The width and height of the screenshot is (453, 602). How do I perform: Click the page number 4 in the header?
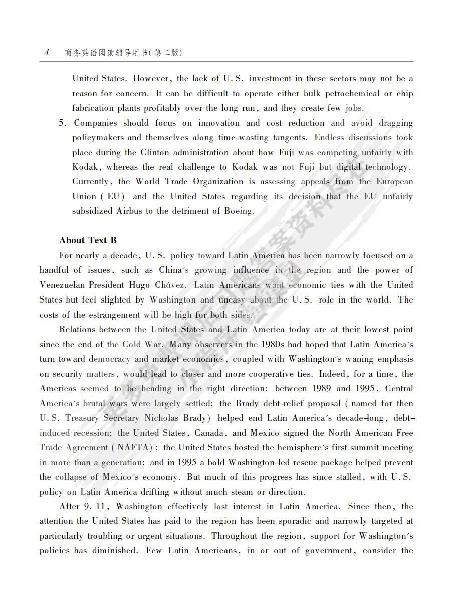click(46, 52)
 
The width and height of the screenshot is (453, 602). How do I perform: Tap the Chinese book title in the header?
click(123, 52)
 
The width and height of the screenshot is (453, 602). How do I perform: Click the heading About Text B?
click(88, 240)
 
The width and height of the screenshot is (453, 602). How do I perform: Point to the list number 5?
click(62, 123)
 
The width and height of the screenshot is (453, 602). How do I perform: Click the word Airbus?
click(130, 211)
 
